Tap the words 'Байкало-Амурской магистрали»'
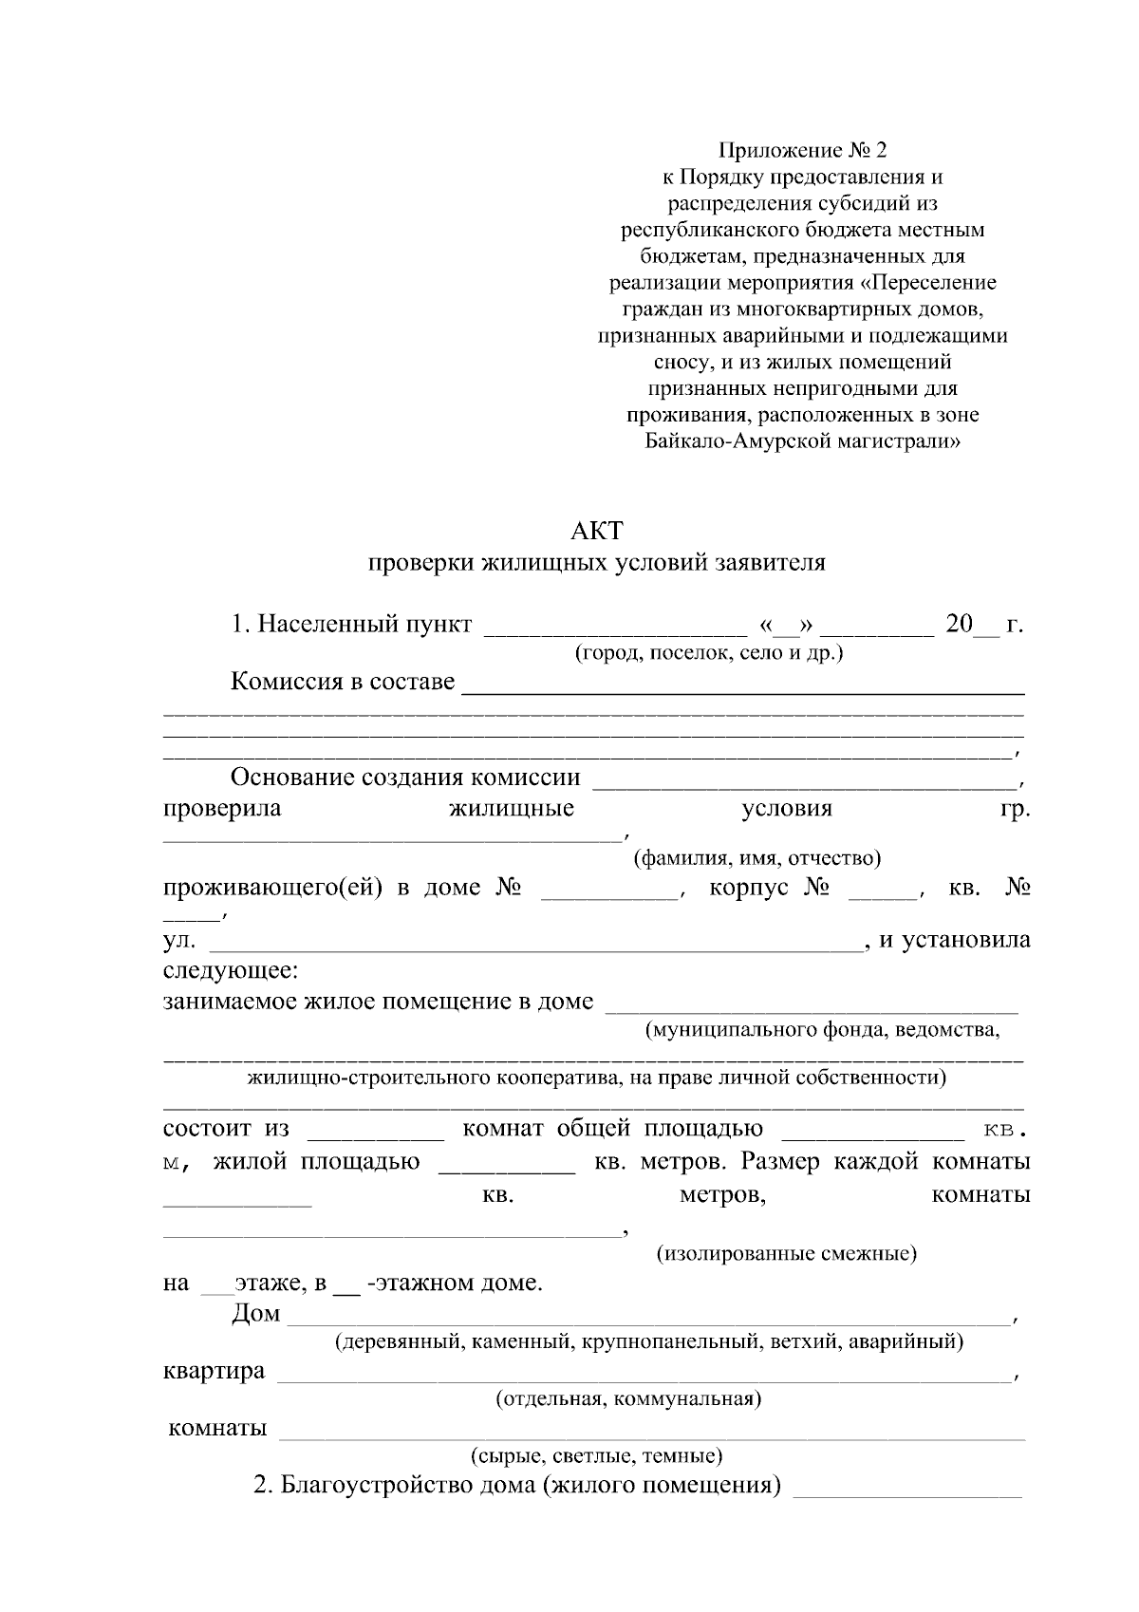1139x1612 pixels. [802, 440]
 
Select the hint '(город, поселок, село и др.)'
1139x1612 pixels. [708, 653]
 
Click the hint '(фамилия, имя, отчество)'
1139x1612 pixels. [756, 858]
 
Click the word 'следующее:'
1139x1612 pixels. [231, 972]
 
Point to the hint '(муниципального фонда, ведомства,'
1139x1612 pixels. [822, 1030]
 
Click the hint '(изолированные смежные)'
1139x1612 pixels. [787, 1254]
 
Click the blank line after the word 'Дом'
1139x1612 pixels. [647, 1321]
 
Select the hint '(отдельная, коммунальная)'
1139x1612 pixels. [628, 1398]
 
